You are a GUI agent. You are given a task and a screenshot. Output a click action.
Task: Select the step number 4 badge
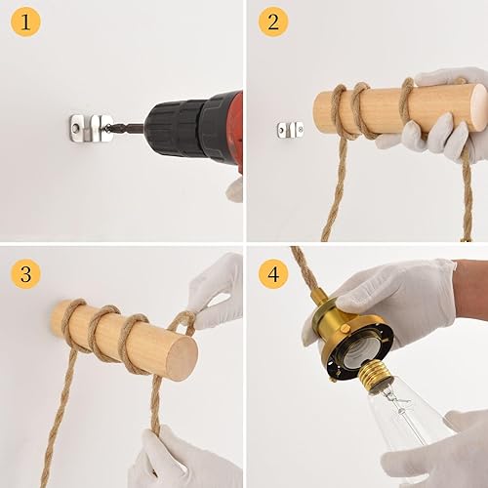click(273, 274)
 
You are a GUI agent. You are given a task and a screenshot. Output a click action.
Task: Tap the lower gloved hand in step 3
click(176, 459)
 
